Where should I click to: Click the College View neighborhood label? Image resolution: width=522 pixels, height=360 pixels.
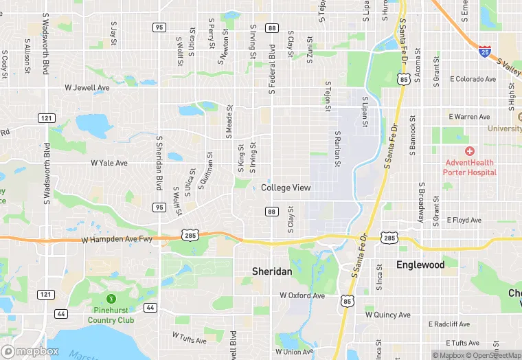(286, 188)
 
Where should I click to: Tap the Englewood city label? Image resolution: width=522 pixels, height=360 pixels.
(420, 265)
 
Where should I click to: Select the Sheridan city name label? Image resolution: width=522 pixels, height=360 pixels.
(272, 271)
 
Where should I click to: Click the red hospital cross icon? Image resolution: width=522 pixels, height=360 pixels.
(470, 151)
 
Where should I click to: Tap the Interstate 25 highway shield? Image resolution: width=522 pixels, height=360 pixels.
(485, 50)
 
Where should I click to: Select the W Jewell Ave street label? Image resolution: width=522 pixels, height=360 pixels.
(87, 88)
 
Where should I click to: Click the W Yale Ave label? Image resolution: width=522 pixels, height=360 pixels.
(109, 163)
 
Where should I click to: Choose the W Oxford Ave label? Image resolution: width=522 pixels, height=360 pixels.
(302, 295)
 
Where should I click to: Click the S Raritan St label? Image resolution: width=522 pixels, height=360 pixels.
(338, 149)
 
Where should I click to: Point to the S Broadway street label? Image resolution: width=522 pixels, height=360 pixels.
(420, 204)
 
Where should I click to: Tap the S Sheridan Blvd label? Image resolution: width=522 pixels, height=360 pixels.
(159, 162)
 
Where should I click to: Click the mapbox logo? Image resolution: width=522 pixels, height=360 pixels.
(30, 351)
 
